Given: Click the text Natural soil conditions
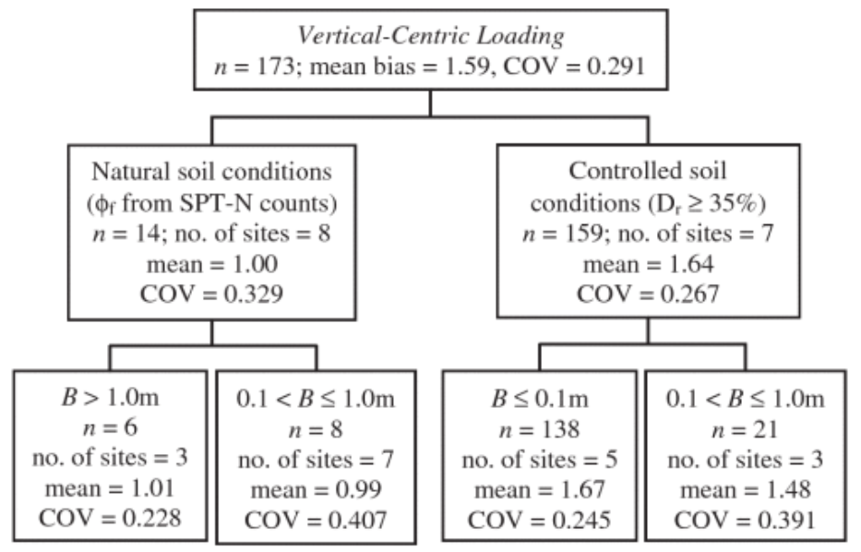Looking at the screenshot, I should (213, 173).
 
